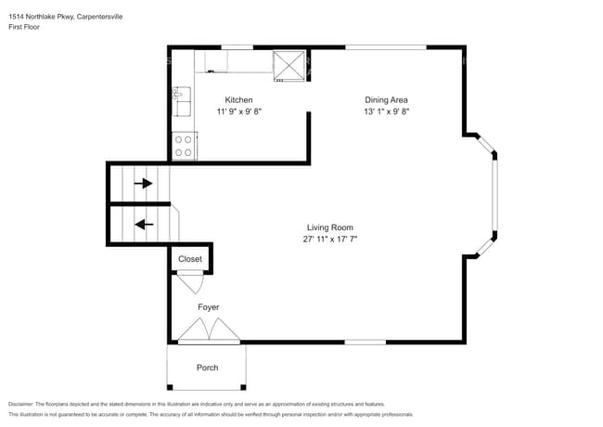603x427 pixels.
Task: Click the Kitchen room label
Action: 238,100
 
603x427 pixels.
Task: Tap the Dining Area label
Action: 386,100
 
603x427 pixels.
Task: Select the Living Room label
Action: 330,227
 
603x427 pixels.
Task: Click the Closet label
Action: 190,259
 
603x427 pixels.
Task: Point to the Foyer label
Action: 209,307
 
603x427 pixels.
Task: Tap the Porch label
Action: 207,368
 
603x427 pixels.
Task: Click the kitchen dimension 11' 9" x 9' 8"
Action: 238,111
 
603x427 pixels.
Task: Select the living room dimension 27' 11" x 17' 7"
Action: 330,239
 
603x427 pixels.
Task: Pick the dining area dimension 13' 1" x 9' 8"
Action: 386,111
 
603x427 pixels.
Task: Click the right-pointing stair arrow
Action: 143,184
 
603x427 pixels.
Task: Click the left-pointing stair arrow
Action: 144,225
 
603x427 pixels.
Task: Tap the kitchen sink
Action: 182,101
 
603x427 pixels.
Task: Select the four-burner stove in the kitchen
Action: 184,146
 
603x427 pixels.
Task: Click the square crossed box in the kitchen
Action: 289,66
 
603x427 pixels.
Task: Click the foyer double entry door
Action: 210,330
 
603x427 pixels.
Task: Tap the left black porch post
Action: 170,387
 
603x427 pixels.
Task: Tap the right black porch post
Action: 243,387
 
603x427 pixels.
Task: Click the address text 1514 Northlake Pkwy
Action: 42,17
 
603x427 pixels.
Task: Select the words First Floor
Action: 24,27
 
